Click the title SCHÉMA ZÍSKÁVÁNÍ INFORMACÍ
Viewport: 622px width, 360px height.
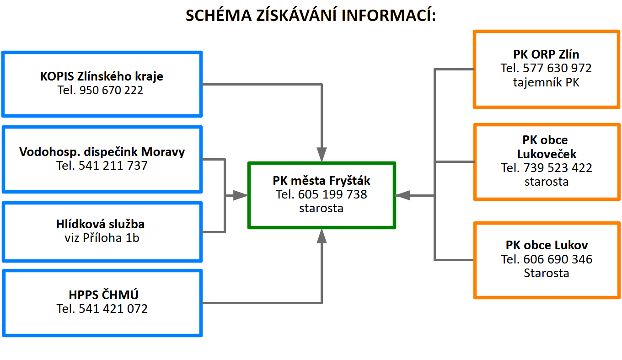(x=311, y=15)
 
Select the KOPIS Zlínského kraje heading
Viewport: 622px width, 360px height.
(x=102, y=76)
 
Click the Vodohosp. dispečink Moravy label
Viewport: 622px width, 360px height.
(x=102, y=151)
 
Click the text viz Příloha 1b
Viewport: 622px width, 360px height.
(x=102, y=238)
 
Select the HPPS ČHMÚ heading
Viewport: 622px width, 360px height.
(x=102, y=295)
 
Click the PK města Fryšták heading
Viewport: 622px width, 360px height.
(x=321, y=181)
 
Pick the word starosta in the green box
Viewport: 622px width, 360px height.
(x=321, y=208)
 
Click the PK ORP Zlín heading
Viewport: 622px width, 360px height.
(x=546, y=54)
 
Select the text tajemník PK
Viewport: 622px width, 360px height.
(x=546, y=83)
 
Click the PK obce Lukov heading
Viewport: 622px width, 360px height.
(x=547, y=245)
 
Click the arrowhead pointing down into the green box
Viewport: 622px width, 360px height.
(x=322, y=154)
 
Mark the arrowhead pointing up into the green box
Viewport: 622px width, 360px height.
(x=322, y=236)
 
